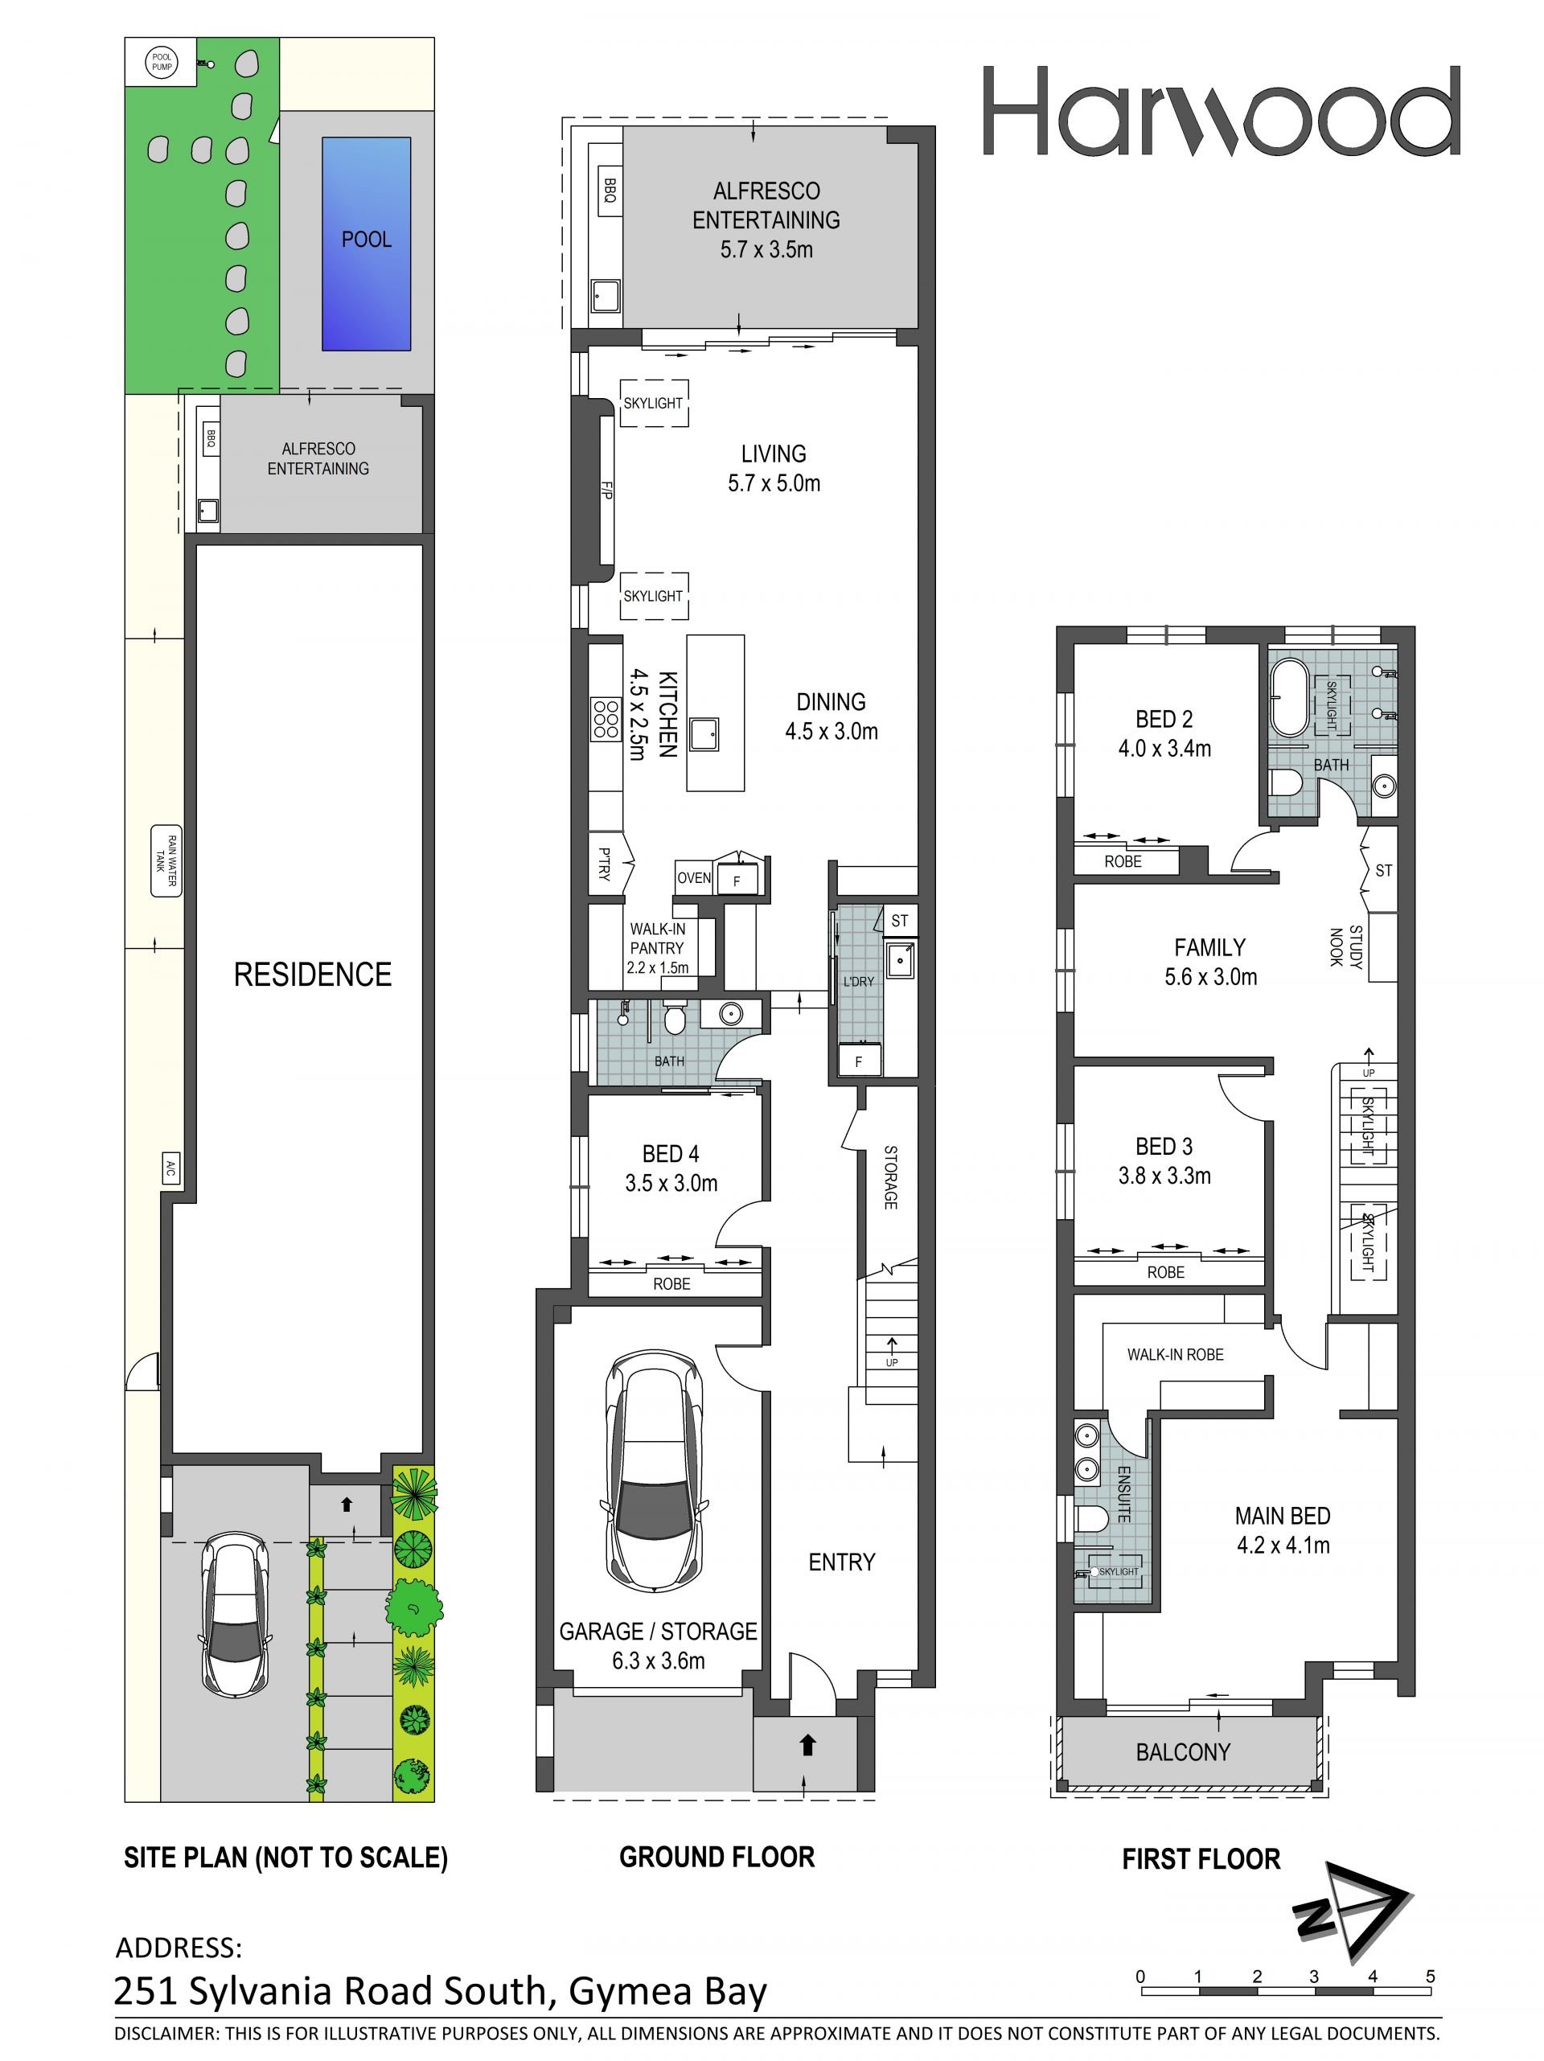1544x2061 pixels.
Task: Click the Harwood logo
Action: click(x=1221, y=111)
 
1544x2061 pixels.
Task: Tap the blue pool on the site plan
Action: click(x=366, y=244)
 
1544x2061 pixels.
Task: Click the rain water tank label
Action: click(x=166, y=861)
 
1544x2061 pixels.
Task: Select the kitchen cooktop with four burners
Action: click(x=606, y=720)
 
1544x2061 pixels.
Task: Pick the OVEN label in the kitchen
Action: click(x=694, y=877)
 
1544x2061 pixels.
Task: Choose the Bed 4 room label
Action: click(x=671, y=1153)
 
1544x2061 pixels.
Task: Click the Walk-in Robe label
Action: click(x=1175, y=1355)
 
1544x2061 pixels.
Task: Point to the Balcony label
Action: click(x=1184, y=1752)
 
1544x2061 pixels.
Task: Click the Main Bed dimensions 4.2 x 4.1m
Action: click(x=1283, y=1546)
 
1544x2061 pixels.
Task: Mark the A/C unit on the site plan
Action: click(x=170, y=1168)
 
